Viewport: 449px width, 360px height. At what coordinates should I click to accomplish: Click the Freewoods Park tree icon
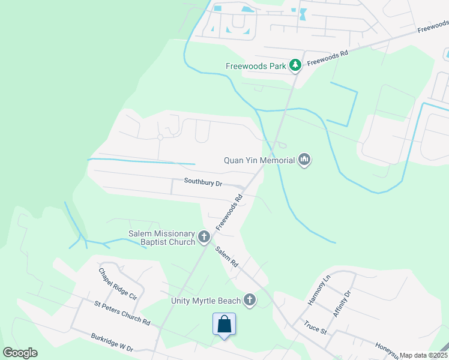tap(295, 65)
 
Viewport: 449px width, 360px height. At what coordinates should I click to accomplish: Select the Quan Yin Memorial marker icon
tap(304, 160)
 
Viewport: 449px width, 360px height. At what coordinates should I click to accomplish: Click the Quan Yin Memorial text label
tap(259, 160)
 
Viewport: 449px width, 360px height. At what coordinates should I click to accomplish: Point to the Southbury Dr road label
tap(203, 181)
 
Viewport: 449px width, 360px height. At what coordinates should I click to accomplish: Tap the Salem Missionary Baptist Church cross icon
tap(204, 238)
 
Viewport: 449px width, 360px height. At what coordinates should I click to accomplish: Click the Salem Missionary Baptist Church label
tap(161, 238)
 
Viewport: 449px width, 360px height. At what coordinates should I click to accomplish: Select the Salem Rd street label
tap(227, 258)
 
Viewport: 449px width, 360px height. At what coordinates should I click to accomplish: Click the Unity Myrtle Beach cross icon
tap(250, 300)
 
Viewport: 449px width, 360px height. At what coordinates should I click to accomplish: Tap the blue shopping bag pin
tap(224, 325)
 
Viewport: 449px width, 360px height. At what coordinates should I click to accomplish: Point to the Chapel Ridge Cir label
tap(118, 284)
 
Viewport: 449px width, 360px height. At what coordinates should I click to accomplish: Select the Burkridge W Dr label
tap(113, 343)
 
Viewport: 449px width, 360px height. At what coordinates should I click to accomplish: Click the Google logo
tap(20, 353)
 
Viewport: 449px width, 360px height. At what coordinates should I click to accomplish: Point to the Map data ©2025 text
tap(424, 355)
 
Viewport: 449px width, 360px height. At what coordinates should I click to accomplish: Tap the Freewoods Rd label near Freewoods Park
tap(328, 58)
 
